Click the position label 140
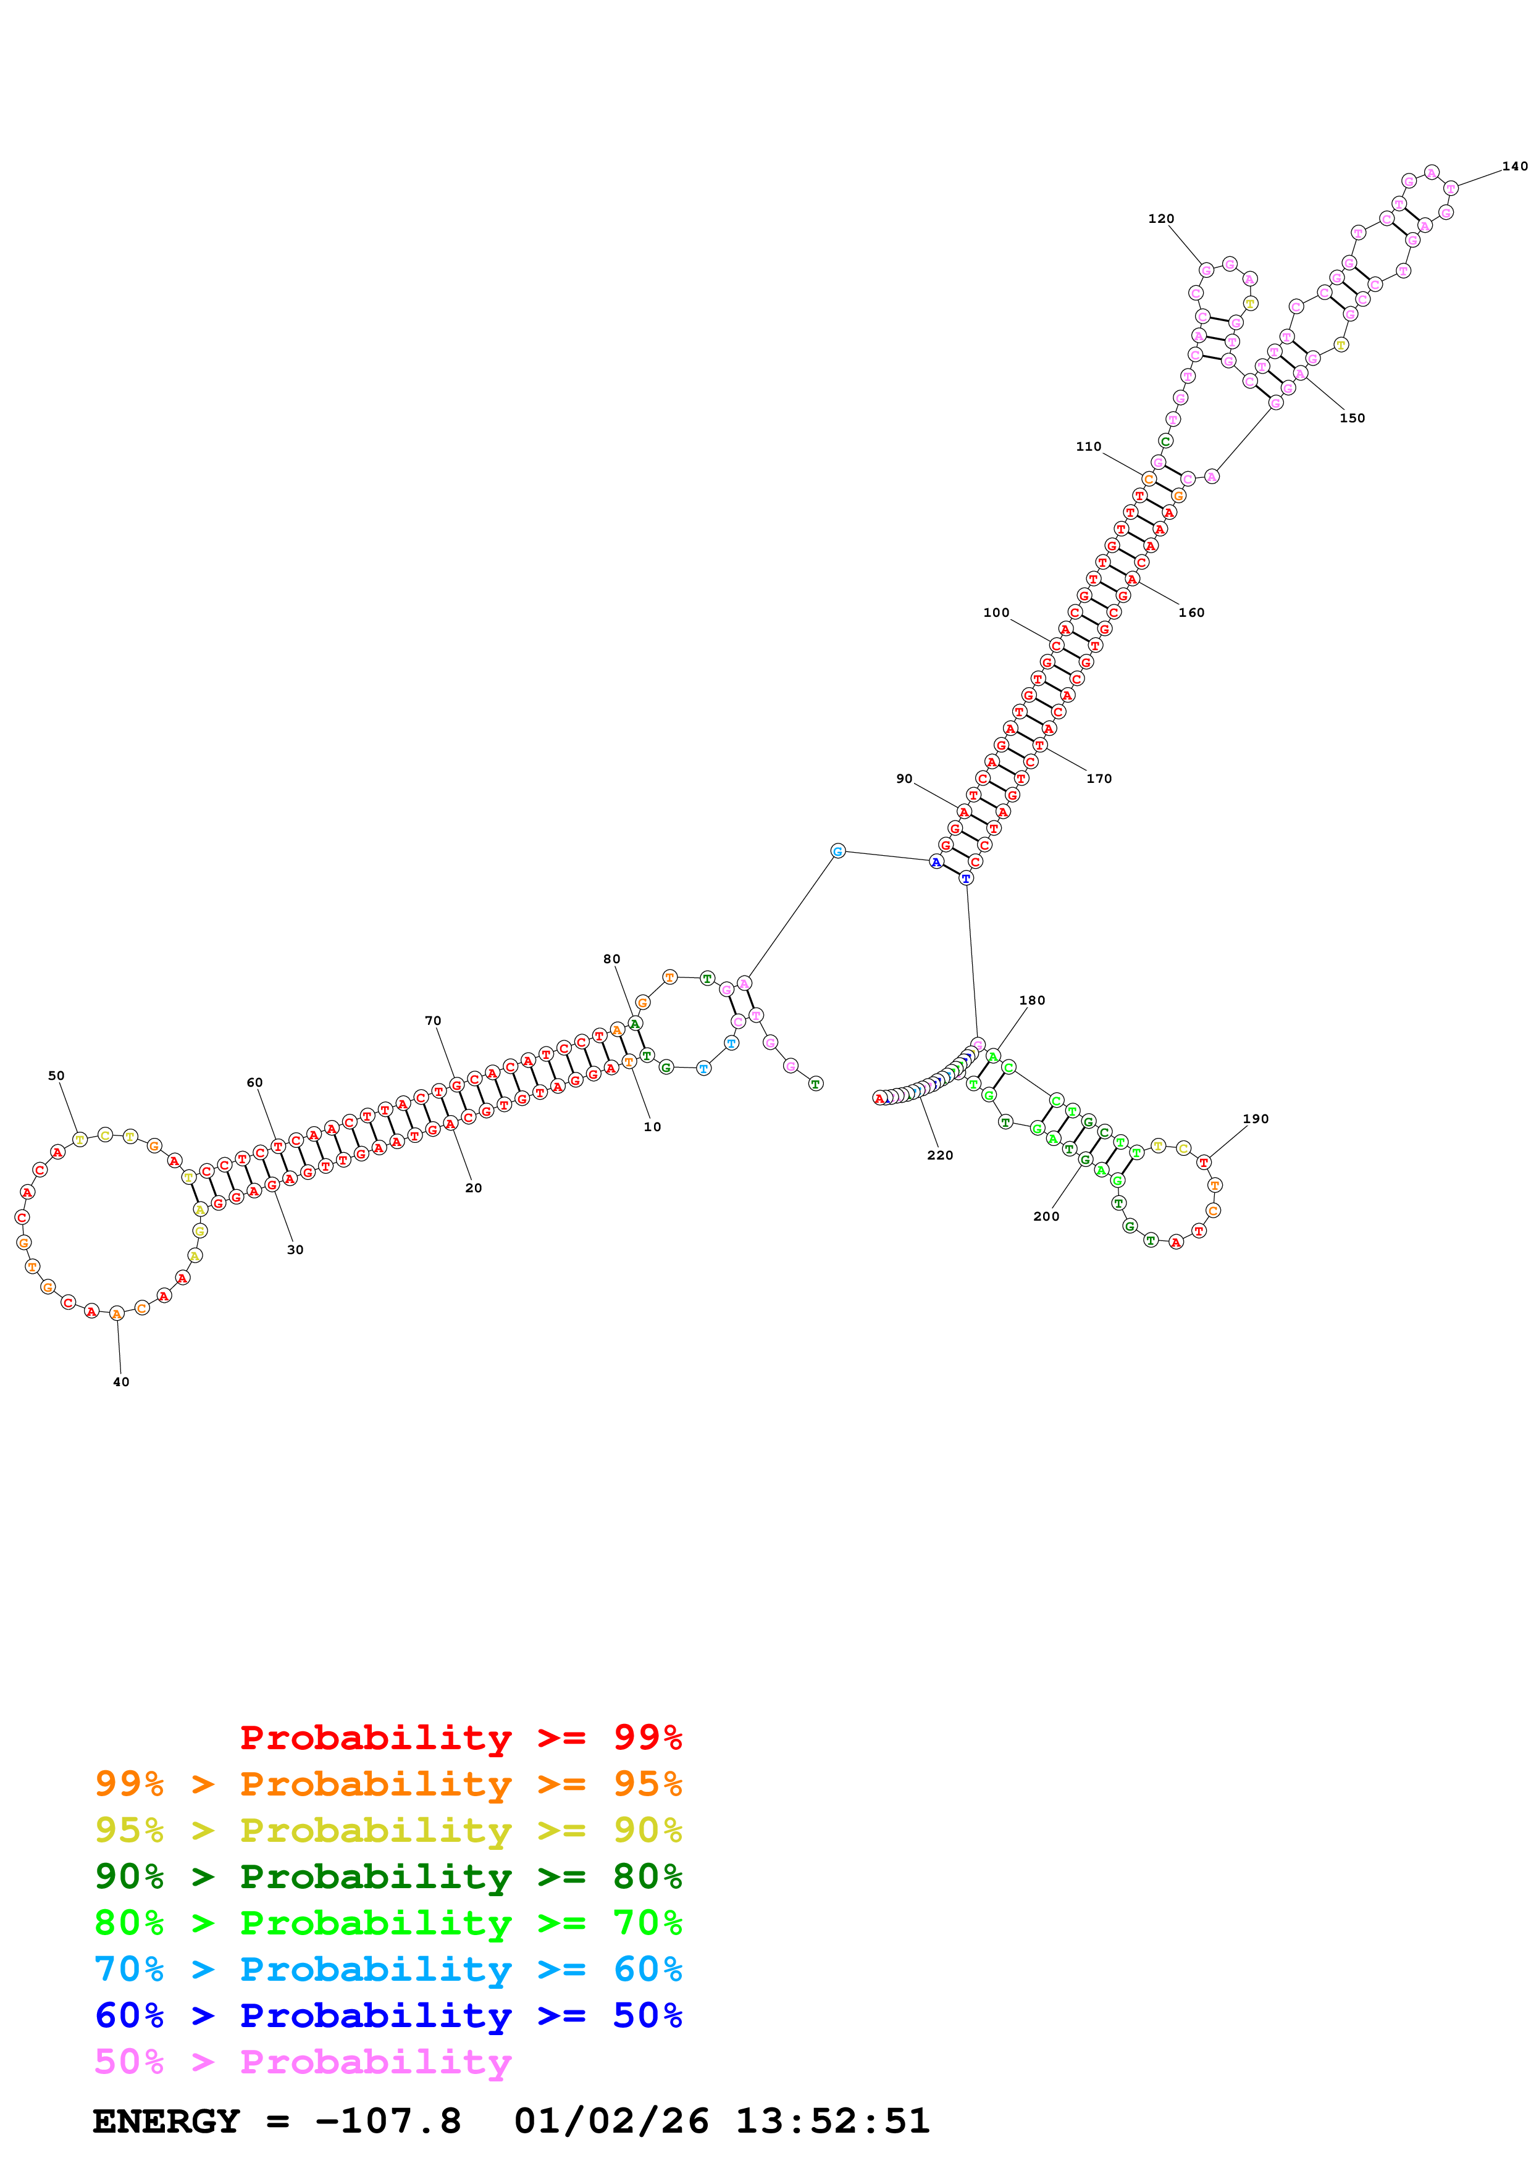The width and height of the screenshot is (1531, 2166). [1514, 167]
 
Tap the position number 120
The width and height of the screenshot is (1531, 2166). [1160, 219]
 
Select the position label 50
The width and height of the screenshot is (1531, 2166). [57, 1076]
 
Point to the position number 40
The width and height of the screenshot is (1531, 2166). [121, 1382]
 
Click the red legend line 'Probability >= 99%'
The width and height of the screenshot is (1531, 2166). [460, 1737]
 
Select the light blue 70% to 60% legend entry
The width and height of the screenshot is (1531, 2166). [388, 1969]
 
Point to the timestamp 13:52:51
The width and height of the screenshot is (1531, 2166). [832, 2121]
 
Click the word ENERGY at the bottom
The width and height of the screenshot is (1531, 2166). [166, 2121]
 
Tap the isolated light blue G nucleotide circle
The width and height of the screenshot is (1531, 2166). [837, 851]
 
